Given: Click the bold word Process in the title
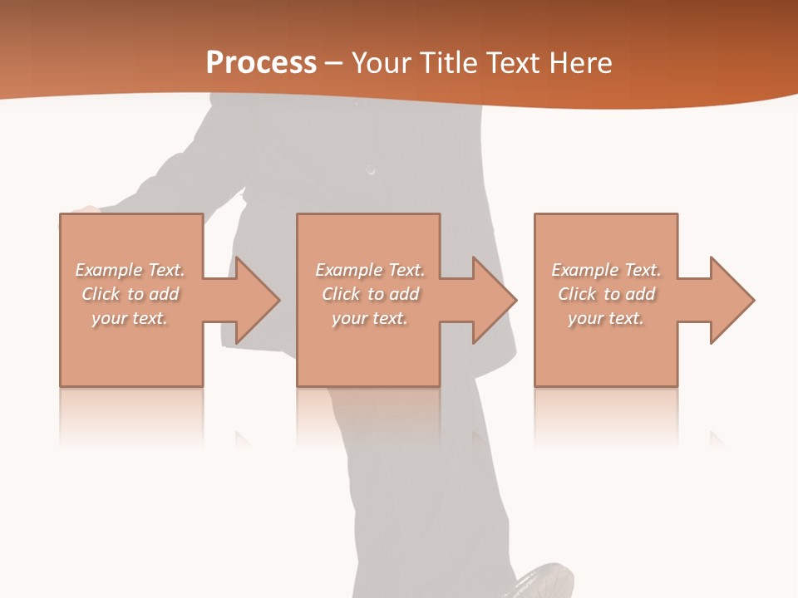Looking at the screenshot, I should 261,63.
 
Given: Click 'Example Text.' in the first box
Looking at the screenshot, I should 130,270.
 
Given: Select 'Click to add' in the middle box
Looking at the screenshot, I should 370,294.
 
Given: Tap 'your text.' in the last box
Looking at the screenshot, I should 605,318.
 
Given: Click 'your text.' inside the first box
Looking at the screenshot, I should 130,318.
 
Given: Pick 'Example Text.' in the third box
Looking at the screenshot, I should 605,270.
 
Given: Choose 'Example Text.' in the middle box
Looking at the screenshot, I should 370,270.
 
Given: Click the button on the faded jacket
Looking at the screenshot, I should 371,170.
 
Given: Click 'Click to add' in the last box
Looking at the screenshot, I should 605,294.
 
